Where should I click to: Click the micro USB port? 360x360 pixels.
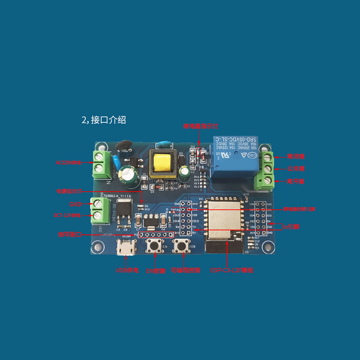pos(126,248)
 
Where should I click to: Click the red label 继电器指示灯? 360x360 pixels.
pos(201,126)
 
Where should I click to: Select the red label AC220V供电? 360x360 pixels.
pos(68,163)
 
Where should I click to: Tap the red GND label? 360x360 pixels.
pos(76,204)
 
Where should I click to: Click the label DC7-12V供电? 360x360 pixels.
pos(67,215)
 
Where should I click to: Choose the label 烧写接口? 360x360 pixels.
pos(70,234)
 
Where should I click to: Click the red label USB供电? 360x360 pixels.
pos(127,270)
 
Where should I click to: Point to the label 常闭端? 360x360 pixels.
pos(296,156)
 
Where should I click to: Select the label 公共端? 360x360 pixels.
pos(296,168)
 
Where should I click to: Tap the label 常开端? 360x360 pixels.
pos(296,181)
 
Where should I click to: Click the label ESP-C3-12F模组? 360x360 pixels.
pos(231,270)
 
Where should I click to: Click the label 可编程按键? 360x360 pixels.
pos(185,270)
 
